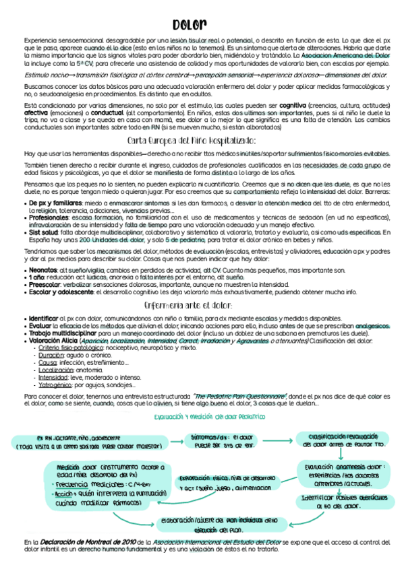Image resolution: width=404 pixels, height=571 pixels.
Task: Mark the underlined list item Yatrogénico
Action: click(x=55, y=385)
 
